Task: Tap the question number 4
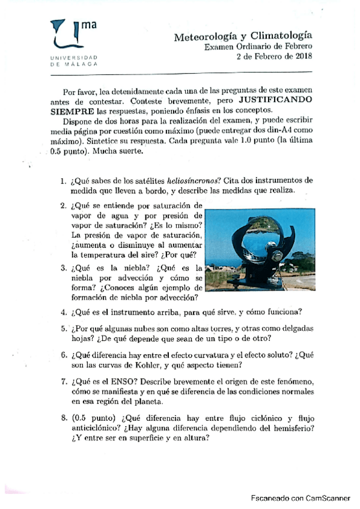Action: (63, 312)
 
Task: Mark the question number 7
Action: (63, 382)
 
